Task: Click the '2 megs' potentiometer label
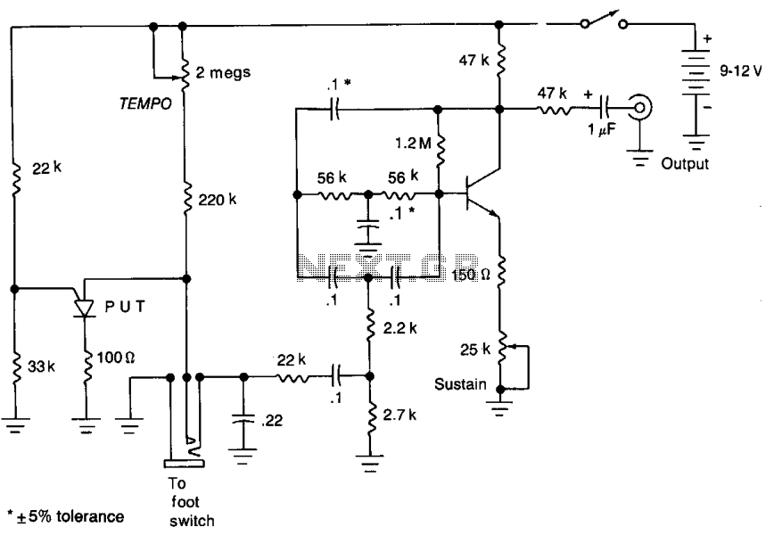click(223, 73)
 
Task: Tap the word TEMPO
click(145, 103)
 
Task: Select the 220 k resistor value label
click(218, 200)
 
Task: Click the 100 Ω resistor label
click(116, 357)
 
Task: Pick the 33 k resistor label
click(41, 366)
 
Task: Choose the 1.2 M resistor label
click(413, 144)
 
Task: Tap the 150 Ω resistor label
click(471, 275)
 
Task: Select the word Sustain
click(460, 384)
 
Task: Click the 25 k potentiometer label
click(475, 350)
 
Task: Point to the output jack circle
click(640, 107)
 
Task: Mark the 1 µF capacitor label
click(601, 130)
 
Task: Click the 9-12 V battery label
click(740, 71)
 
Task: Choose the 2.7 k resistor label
click(399, 415)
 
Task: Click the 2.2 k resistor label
click(399, 328)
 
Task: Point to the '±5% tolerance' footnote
click(66, 517)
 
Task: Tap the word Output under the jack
click(685, 164)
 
